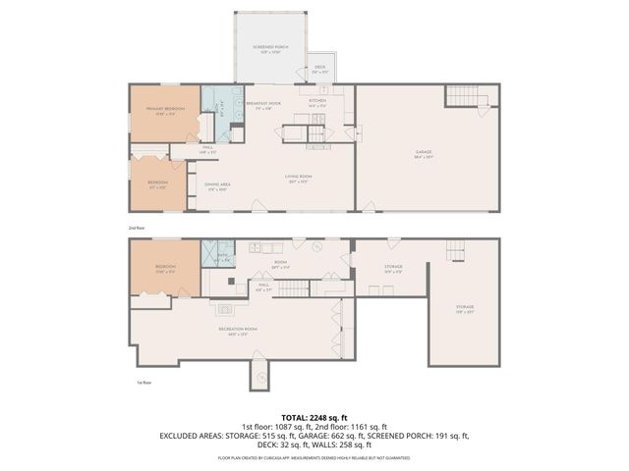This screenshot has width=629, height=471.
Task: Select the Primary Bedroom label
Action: pyautogui.click(x=166, y=110)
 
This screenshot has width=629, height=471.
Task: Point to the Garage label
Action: pyautogui.click(x=424, y=152)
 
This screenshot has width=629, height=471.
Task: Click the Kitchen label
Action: pyautogui.click(x=317, y=102)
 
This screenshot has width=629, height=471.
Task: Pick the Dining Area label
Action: pyautogui.click(x=217, y=187)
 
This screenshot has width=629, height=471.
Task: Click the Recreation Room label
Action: pyautogui.click(x=238, y=330)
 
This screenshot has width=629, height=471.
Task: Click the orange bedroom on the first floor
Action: pyautogui.click(x=165, y=268)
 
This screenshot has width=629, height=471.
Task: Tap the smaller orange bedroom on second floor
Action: pyautogui.click(x=158, y=183)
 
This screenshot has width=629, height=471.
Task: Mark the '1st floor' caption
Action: pyautogui.click(x=143, y=383)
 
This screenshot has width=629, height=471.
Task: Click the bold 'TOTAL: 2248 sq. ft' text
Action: pyautogui.click(x=314, y=417)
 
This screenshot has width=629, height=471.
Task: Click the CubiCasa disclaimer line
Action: pyautogui.click(x=314, y=457)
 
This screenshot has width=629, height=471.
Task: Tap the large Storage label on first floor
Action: pyautogui.click(x=464, y=309)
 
